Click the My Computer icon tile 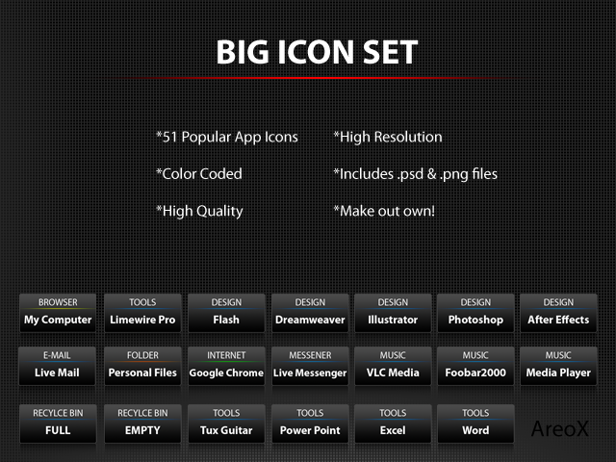tap(58, 313)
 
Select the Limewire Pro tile tap(142, 313)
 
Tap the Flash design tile tap(226, 313)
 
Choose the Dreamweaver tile tap(310, 313)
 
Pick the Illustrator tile tap(393, 313)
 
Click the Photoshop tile tap(475, 313)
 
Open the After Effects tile tap(558, 313)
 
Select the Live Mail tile tap(57, 366)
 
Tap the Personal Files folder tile tap(142, 366)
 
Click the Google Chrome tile tap(226, 366)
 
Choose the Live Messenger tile tap(310, 366)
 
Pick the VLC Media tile tap(393, 366)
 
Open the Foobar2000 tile tap(475, 366)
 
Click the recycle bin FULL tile tap(58, 423)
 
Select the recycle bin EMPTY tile tap(142, 423)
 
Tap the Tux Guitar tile tap(226, 423)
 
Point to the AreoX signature tap(560, 428)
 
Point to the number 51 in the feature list tap(170, 137)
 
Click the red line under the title tap(315, 78)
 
